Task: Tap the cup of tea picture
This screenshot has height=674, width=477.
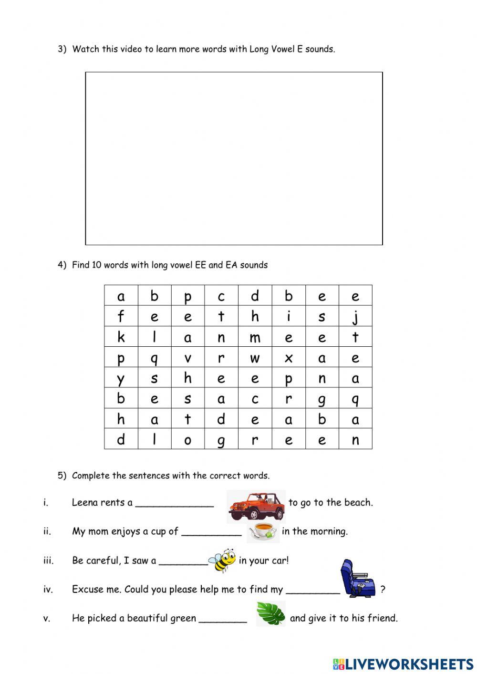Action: pos(262,531)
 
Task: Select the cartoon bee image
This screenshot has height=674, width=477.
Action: pos(223,560)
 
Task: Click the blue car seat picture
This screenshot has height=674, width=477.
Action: pos(357,578)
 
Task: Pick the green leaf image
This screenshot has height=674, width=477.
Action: pos(271,613)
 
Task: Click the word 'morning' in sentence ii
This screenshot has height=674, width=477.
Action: pos(329,531)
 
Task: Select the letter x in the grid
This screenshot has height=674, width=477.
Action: pos(289,358)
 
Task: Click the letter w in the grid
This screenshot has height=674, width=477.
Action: pos(255,358)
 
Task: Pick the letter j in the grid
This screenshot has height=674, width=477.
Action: pos(355,317)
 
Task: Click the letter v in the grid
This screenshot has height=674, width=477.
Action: pos(187,358)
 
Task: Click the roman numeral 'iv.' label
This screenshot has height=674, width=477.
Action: pos(48,589)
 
